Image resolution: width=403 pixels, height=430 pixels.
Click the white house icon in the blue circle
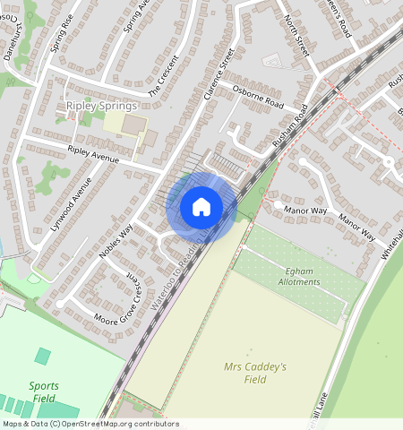coord(201,207)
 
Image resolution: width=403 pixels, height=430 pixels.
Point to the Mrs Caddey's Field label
coord(255,373)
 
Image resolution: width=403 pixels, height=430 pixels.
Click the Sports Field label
coord(44,392)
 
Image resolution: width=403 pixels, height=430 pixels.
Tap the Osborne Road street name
coord(257,98)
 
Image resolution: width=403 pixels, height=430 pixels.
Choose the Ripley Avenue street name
coord(93,153)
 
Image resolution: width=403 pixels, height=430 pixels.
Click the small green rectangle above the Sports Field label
coord(42,357)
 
